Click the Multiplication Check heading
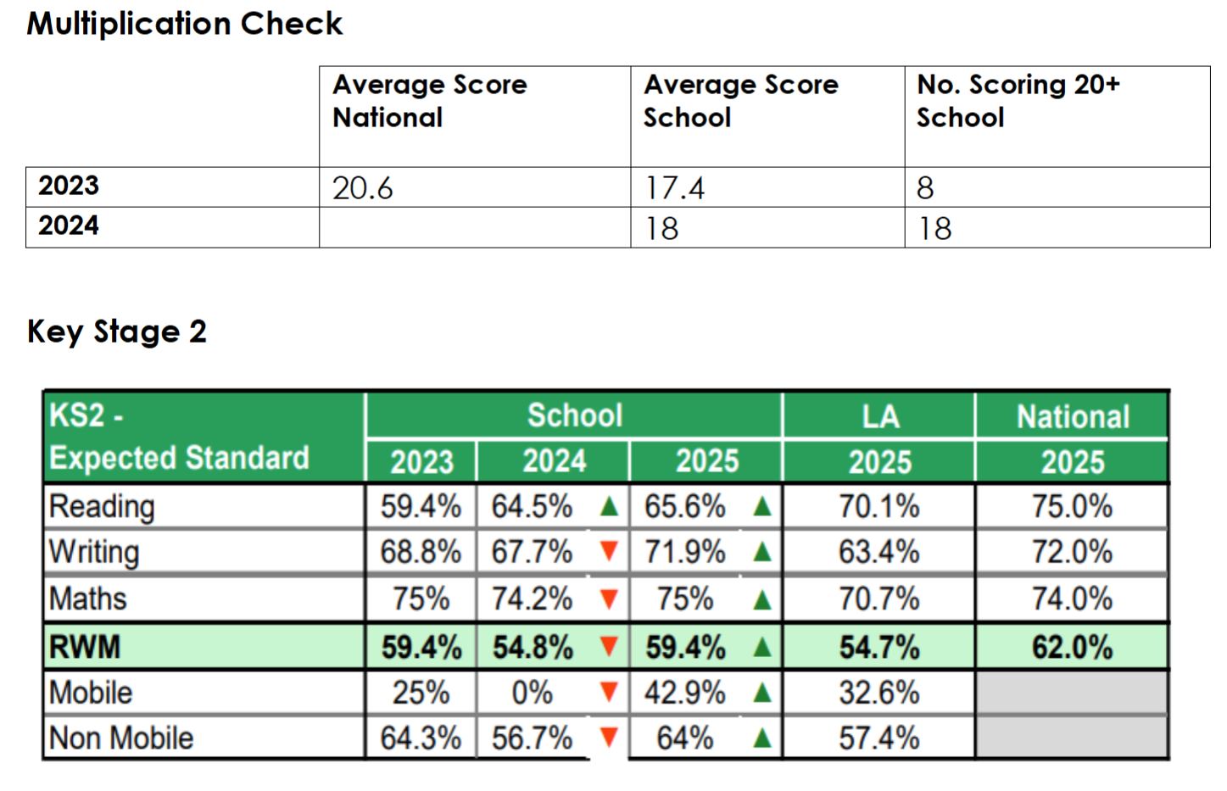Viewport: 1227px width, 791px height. (x=185, y=24)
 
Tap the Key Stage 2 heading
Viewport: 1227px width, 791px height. (x=117, y=331)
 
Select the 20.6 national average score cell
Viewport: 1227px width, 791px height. (x=363, y=188)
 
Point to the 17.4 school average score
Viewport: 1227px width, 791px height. (x=675, y=188)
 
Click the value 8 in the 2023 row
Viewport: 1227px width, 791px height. (x=925, y=188)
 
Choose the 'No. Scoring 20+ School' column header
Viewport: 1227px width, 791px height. (x=1018, y=101)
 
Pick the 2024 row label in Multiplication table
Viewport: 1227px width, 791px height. (x=69, y=226)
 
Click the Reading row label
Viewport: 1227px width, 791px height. (x=102, y=507)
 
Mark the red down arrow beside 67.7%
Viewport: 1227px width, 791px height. (x=608, y=552)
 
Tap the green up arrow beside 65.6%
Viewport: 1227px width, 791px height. (x=761, y=507)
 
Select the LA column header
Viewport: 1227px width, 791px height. (x=879, y=416)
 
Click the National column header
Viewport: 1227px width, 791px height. (x=1073, y=416)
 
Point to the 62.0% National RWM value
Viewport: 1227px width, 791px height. (x=1072, y=648)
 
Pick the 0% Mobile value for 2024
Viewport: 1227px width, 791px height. (x=533, y=694)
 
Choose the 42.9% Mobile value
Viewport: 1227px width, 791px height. (x=684, y=694)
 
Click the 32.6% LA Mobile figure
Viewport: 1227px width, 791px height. (x=879, y=694)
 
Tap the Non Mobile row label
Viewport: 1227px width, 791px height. (x=121, y=738)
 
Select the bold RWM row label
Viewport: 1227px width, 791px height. (x=85, y=648)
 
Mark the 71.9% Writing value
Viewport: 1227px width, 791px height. (x=684, y=552)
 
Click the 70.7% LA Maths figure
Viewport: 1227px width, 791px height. (x=879, y=599)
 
